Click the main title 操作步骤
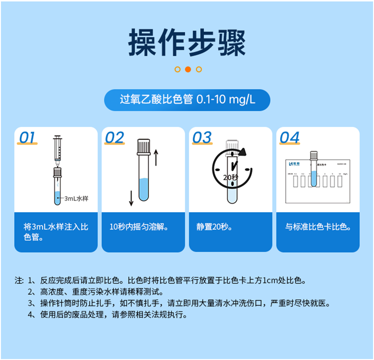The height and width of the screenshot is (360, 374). pyautogui.click(x=187, y=43)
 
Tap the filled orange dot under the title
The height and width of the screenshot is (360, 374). pyautogui.click(x=187, y=69)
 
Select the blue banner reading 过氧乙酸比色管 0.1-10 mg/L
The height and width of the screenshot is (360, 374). pyautogui.click(x=187, y=100)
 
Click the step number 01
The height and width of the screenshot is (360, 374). pyautogui.click(x=27, y=138)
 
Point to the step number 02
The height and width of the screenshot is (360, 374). pyautogui.click(x=115, y=138)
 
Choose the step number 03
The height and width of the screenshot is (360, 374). pyautogui.click(x=202, y=138)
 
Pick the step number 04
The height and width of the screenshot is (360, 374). pyautogui.click(x=289, y=138)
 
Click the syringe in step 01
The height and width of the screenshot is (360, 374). pyautogui.click(x=57, y=149)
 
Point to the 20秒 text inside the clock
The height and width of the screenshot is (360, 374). pyautogui.click(x=231, y=177)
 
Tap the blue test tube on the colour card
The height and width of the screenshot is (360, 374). pyautogui.click(x=314, y=169)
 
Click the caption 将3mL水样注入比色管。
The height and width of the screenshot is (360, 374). pyautogui.click(x=56, y=232)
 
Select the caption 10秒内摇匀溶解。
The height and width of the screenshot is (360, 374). pyautogui.click(x=139, y=227)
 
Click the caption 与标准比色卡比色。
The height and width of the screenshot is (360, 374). pyautogui.click(x=318, y=227)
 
